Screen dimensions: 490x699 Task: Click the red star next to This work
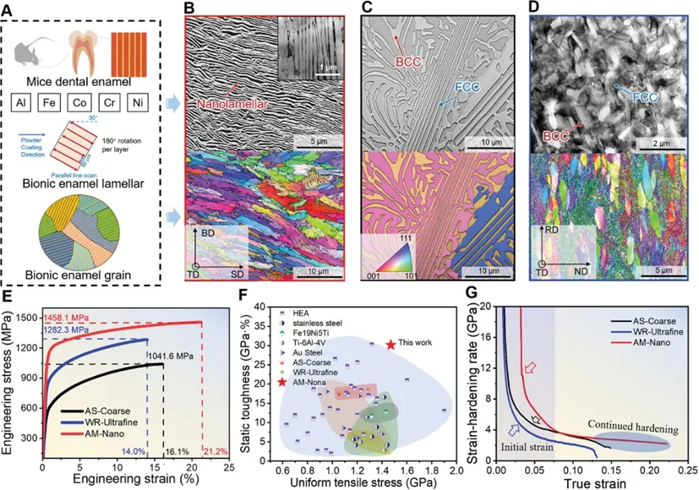(390, 345)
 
